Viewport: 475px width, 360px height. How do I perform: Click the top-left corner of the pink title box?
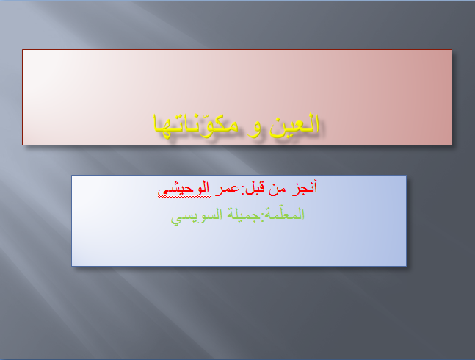pyautogui.click(x=23, y=50)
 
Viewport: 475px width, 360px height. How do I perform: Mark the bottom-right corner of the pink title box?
pyautogui.click(x=451, y=145)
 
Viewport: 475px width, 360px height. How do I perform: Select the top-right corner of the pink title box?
pyautogui.click(x=451, y=50)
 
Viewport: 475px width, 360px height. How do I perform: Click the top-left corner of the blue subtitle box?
pyautogui.click(x=72, y=176)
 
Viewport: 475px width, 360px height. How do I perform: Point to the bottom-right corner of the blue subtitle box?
pyautogui.click(x=405, y=265)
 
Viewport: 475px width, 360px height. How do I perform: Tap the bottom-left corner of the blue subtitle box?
pyautogui.click(x=72, y=265)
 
